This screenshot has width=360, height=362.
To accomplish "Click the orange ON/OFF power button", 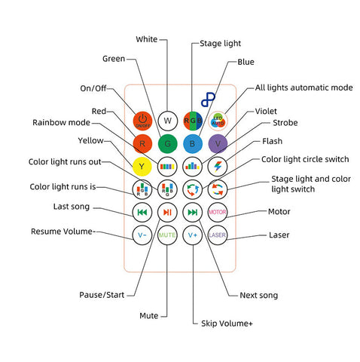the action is [x=142, y=121].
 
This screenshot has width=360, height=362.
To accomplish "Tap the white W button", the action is [x=167, y=121].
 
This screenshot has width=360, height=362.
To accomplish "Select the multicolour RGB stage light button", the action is [x=193, y=121].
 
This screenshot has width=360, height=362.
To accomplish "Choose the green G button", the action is [x=167, y=144].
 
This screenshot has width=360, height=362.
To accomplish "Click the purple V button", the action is [x=218, y=144].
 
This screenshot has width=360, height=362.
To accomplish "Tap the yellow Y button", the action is [x=142, y=167].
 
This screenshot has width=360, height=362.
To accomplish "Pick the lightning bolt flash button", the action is [x=218, y=167].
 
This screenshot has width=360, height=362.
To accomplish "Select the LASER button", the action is [x=218, y=235].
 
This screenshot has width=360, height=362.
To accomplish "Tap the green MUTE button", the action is [x=167, y=235].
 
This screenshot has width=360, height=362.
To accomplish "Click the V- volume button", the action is [x=142, y=235].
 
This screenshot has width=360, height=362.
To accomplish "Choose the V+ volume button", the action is [x=193, y=235].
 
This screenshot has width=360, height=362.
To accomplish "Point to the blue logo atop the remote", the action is [x=208, y=100].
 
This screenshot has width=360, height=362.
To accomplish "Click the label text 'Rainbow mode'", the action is [x=61, y=122].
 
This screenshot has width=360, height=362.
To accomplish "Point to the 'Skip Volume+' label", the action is [x=227, y=324].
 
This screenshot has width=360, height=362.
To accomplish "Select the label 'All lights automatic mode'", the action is [x=304, y=87].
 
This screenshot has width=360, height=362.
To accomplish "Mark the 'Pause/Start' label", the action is [x=102, y=295].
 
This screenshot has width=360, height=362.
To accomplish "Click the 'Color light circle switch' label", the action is [x=305, y=159].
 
